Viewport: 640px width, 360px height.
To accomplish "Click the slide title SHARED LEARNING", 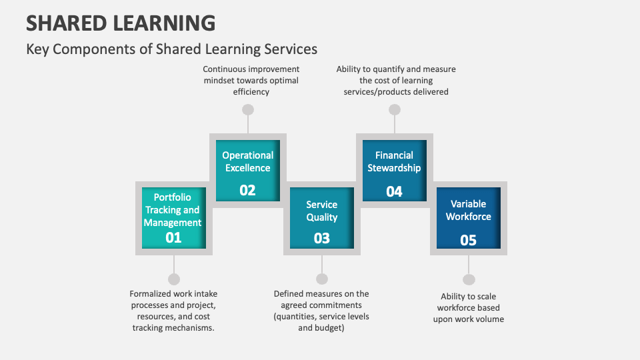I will tap(121, 23).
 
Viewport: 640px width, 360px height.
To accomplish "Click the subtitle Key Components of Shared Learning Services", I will tap(171, 49).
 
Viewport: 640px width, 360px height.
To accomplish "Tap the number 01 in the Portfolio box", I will tap(173, 237).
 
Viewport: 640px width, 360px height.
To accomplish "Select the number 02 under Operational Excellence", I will tap(247, 190).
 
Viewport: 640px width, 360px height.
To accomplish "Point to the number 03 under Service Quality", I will tap(322, 238).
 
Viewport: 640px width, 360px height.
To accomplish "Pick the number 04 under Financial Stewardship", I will tap(394, 191).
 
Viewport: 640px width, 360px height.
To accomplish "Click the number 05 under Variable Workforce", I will tap(469, 240).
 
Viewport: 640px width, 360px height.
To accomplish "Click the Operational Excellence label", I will tap(248, 161).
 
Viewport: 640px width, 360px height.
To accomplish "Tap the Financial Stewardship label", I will tap(394, 161).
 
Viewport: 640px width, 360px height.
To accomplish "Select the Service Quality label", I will tap(322, 211).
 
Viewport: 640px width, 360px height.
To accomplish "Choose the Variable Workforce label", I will tap(469, 210).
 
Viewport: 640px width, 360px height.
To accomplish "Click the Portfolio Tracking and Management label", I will tap(173, 210).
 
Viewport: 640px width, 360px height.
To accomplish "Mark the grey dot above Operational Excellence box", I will tap(248, 109).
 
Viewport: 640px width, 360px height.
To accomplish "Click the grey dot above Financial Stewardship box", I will tap(395, 109).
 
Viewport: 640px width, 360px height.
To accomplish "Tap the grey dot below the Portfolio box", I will tap(174, 279).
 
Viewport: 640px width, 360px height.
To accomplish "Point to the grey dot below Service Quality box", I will tap(322, 279).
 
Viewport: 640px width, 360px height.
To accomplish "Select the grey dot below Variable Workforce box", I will tap(469, 279).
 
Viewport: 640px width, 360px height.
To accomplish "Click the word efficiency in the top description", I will tap(251, 92).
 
